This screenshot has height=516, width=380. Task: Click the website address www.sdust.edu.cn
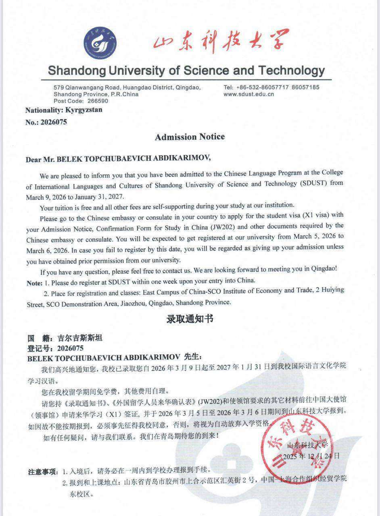248,94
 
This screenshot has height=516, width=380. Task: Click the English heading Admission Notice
190,137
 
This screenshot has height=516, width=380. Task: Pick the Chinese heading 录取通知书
190,319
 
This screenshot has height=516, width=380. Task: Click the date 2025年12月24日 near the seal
311,456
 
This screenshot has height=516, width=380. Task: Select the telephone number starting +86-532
256,87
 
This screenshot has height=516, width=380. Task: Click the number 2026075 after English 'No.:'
53,122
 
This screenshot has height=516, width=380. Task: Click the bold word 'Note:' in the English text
34,283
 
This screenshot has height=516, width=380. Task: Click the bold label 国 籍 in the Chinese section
39,338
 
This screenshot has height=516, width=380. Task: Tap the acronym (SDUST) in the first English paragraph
313,183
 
